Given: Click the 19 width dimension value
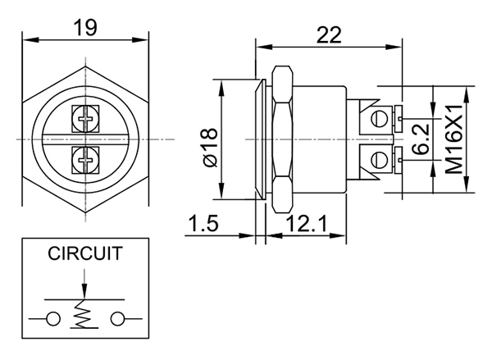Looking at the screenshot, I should [85, 26].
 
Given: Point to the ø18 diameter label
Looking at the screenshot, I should [208, 147].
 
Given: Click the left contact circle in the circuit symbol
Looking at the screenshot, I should [52, 318].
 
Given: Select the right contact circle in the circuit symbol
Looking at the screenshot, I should [115, 318].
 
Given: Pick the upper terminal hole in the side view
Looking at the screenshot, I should [379, 120].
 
